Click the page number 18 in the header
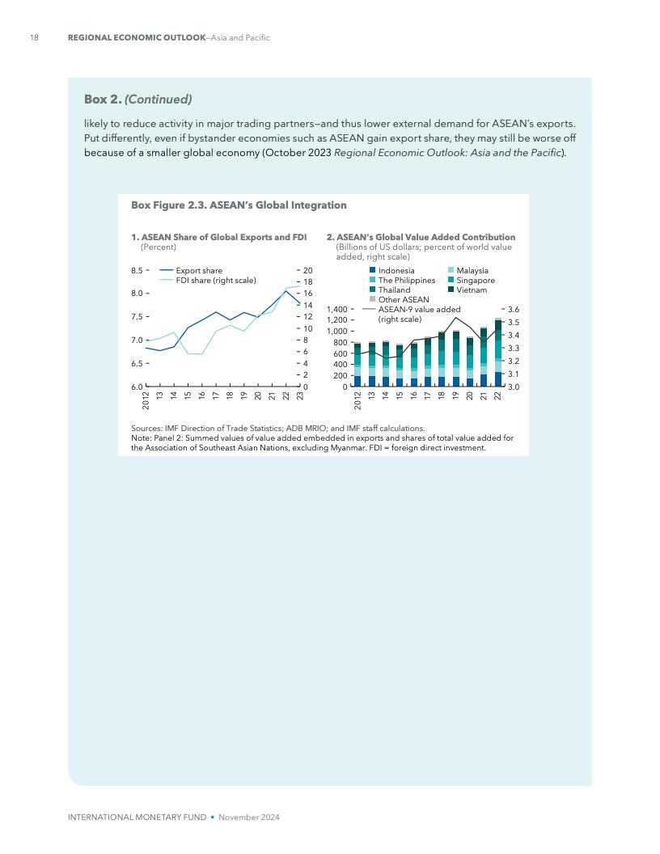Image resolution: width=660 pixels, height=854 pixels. pos(35,38)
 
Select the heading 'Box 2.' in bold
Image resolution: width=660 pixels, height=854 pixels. pos(104,99)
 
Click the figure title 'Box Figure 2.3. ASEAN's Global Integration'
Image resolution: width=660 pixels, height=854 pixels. pos(239,205)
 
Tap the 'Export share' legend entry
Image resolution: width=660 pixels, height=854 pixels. pos(199,271)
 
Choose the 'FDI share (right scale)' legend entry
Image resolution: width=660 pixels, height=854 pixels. pos(215,281)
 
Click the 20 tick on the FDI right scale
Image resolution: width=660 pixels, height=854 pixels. pos(307,270)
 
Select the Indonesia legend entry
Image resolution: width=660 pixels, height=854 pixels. pos(396,271)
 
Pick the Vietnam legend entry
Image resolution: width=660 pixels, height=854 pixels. pos(472,290)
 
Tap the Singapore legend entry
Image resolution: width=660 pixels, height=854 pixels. pos(476,281)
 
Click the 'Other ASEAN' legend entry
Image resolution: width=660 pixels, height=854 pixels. pos(404,299)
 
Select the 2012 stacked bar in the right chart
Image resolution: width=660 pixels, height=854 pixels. pos(357,366)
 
